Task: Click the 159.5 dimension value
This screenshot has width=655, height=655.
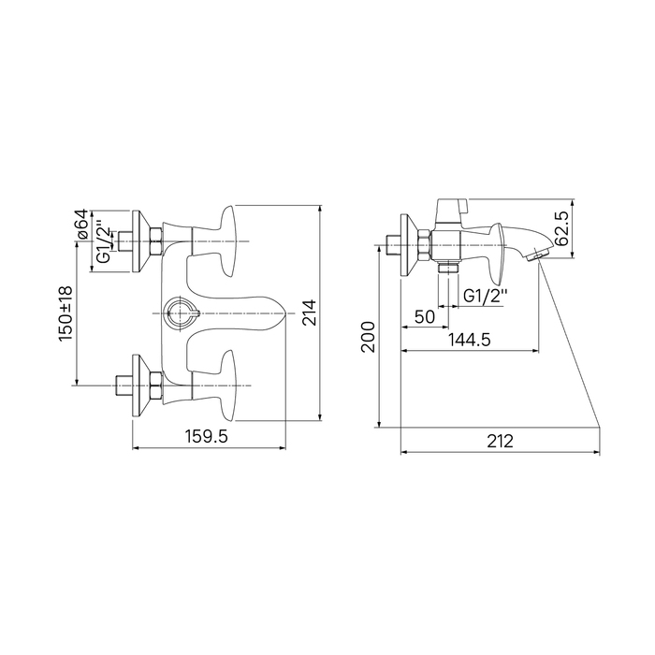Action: tap(207, 437)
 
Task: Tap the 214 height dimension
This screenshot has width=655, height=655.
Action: tap(310, 313)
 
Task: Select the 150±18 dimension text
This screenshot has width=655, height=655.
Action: tap(66, 313)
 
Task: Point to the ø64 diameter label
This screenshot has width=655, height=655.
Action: tap(82, 225)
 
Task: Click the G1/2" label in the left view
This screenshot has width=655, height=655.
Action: tap(103, 244)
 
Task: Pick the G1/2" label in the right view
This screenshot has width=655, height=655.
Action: tap(486, 297)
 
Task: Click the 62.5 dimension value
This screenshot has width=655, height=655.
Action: tap(561, 228)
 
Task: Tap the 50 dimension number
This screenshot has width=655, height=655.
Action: tap(425, 317)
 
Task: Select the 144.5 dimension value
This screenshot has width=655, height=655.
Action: tap(470, 340)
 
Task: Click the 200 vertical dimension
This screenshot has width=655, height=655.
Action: tap(369, 337)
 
